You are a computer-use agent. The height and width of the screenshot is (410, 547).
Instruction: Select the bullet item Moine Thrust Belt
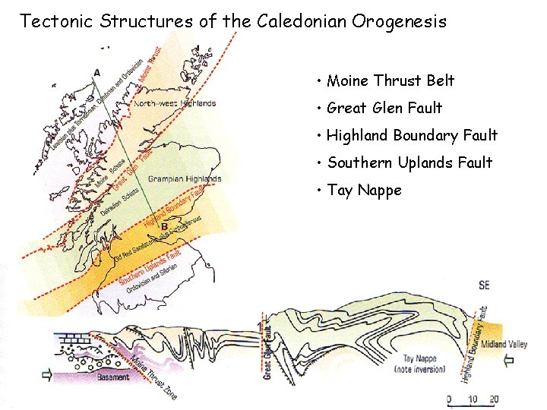coord(390,80)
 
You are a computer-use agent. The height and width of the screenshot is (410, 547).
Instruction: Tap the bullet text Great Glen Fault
coord(384,108)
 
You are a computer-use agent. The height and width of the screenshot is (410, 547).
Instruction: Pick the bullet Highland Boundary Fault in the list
coord(412,135)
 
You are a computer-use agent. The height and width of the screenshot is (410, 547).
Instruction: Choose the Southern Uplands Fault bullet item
coord(409,162)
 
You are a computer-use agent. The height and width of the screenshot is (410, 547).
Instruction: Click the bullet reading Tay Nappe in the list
coord(364,190)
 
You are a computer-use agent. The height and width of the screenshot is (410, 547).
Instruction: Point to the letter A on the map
coord(96,73)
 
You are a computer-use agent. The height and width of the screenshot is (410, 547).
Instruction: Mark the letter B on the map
coord(165,225)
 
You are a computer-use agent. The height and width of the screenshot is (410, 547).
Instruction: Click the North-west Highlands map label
coord(175,103)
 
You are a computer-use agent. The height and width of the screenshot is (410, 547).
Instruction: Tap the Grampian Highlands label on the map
coord(185,179)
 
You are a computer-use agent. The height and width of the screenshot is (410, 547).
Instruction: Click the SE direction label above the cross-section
coord(484,285)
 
